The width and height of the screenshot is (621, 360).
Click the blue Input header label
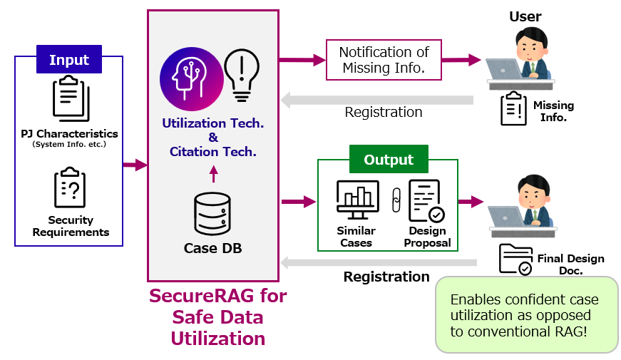click(x=69, y=60)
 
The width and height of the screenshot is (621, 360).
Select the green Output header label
click(x=389, y=160)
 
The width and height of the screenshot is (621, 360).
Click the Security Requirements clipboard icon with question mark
click(x=70, y=188)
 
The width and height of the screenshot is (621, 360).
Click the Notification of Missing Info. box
click(x=384, y=61)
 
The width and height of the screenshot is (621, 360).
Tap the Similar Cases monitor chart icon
click(x=356, y=202)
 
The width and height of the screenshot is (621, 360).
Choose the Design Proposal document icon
click(x=426, y=202)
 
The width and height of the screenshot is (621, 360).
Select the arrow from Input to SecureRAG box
click(x=135, y=165)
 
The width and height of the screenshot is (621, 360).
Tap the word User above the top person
click(x=525, y=16)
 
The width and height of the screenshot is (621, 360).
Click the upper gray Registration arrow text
click(x=384, y=112)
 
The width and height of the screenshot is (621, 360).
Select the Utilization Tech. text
click(x=212, y=123)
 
